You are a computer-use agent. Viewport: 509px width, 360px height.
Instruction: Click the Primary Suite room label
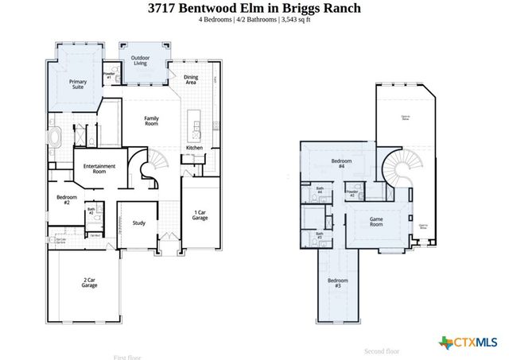(78, 84)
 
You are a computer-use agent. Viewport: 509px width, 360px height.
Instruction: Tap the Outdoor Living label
(140, 60)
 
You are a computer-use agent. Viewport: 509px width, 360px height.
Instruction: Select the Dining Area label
(191, 79)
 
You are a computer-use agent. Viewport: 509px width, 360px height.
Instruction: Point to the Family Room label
(151, 121)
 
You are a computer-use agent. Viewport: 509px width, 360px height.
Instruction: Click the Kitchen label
(194, 149)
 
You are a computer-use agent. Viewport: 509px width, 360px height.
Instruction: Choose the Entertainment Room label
(100, 168)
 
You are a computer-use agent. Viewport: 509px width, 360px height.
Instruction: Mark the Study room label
(139, 223)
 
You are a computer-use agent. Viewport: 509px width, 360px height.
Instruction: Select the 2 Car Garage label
(90, 281)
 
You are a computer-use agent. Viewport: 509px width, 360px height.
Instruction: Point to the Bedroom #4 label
(341, 164)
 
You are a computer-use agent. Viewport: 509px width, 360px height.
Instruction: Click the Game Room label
(376, 222)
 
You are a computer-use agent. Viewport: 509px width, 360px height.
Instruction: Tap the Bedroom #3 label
(338, 283)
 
